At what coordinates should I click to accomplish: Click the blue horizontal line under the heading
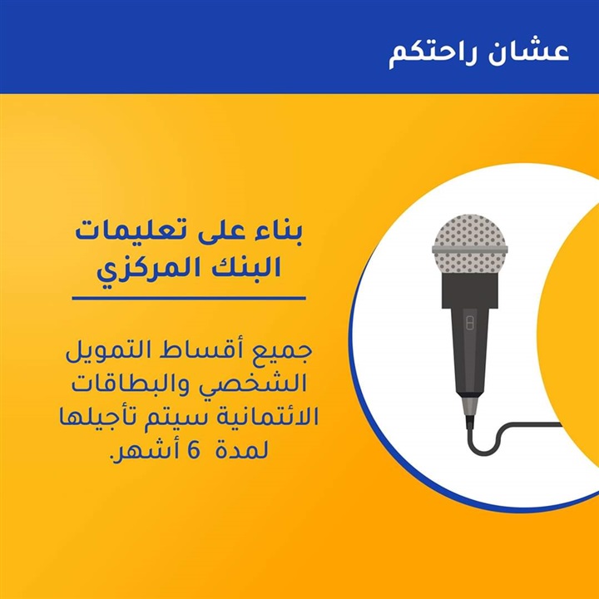pyautogui.click(x=189, y=298)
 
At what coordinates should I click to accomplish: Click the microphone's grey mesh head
pyautogui.click(x=470, y=243)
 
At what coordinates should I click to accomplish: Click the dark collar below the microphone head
pyautogui.click(x=470, y=290)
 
